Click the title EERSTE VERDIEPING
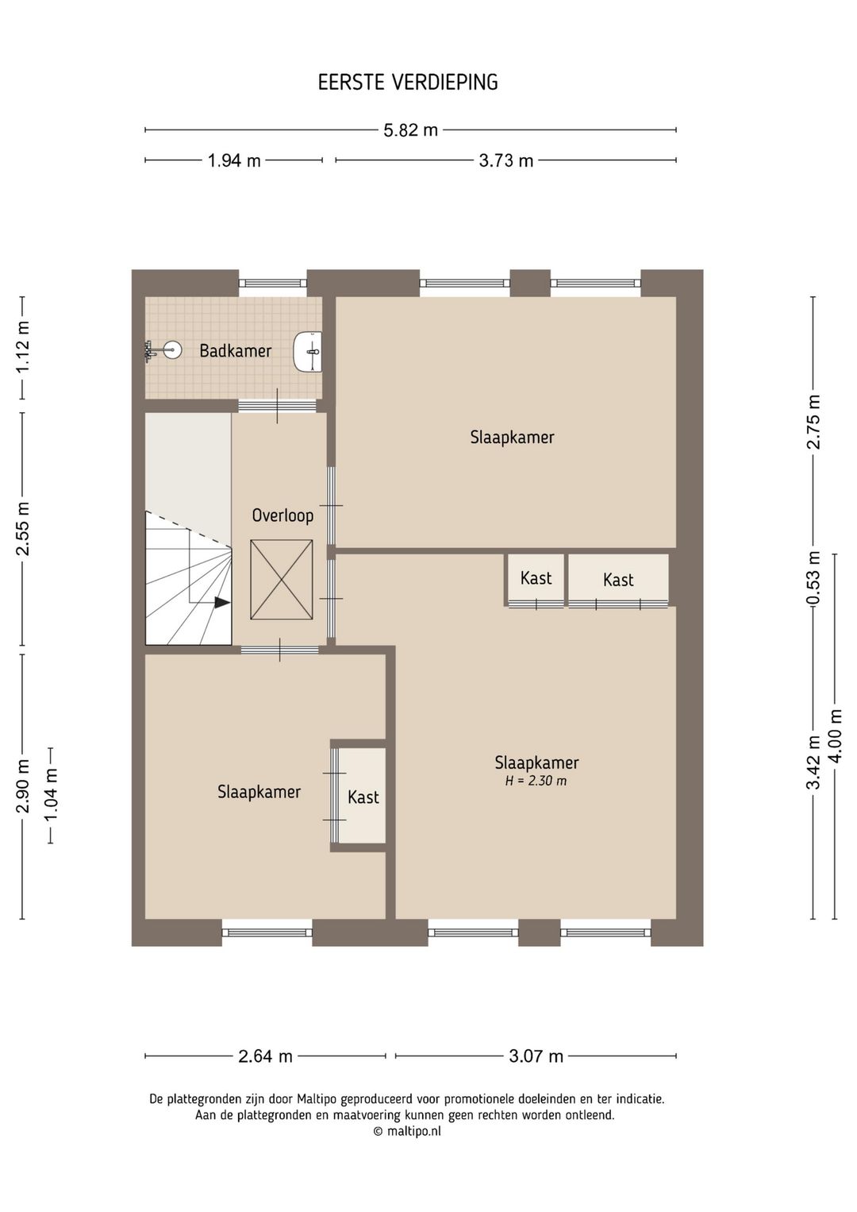[x=408, y=83]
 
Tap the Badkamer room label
[x=235, y=350]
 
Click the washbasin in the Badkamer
[x=308, y=351]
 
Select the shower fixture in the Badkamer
[x=163, y=350]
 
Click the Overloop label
[x=282, y=515]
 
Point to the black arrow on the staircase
[x=222, y=602]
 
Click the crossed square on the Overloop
[x=281, y=580]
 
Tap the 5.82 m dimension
[x=411, y=130]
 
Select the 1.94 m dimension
[x=234, y=160]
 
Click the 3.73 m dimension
[x=506, y=160]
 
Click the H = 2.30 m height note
[x=536, y=781]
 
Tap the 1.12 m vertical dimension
[x=23, y=347]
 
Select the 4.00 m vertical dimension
[x=836, y=735]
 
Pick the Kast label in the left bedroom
[x=363, y=797]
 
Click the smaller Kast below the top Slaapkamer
[x=536, y=578]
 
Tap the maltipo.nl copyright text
[x=407, y=1131]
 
